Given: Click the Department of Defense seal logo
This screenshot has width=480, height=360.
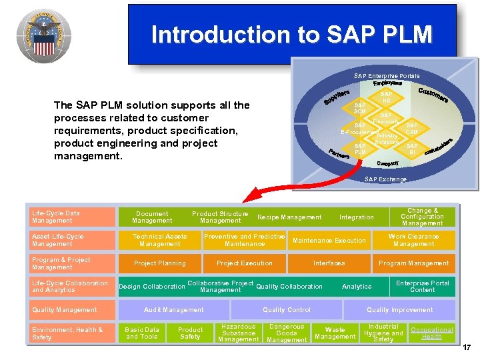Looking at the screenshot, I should [43, 35].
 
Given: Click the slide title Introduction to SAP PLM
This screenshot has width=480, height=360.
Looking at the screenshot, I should [292, 34].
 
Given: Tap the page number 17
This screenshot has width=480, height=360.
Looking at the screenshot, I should [467, 347].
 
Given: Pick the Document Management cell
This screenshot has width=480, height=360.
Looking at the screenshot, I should [152, 217].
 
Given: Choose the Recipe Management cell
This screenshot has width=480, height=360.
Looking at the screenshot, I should [289, 217].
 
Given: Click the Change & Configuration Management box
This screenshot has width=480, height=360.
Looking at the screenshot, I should [421, 217].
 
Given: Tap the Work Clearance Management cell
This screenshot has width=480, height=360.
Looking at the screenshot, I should [413, 240].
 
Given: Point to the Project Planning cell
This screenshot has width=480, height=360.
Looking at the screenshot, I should [160, 263].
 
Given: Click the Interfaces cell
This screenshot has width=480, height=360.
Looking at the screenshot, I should [329, 263].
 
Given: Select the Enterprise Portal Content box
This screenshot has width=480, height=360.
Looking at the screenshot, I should [422, 287].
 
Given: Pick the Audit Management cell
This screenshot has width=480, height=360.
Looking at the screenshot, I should [174, 310].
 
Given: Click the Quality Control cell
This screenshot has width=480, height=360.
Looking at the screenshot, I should [287, 310].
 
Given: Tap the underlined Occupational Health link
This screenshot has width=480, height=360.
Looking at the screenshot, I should [431, 333].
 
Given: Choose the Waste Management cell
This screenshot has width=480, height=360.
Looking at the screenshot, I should [335, 333].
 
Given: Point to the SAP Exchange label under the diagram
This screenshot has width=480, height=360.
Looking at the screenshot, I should [385, 179].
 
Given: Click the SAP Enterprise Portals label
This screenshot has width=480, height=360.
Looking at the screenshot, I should [387, 76].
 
